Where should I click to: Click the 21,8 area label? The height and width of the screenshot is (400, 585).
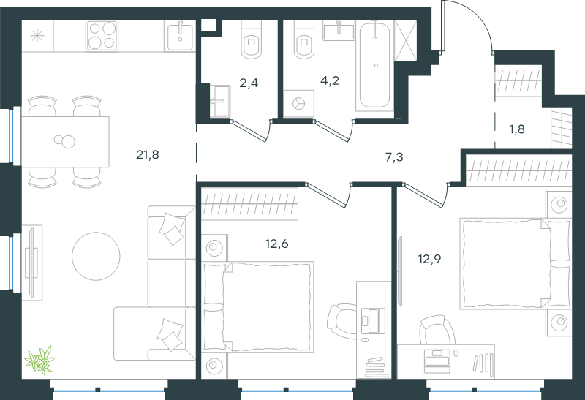[148, 154]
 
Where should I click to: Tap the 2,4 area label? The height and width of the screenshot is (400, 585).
[249, 83]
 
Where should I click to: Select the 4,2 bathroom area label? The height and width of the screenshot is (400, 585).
[330, 80]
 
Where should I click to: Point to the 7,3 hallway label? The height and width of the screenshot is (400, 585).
[394, 157]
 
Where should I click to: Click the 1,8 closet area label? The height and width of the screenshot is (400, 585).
[517, 129]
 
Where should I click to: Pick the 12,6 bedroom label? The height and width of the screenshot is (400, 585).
[277, 244]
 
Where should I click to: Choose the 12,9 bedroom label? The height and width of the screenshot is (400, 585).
[429, 259]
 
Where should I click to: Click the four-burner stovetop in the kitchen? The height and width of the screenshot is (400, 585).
[102, 36]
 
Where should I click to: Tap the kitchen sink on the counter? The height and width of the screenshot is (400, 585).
[180, 35]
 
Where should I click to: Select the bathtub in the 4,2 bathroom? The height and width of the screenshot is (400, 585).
[374, 66]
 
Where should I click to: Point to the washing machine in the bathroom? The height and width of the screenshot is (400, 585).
[298, 104]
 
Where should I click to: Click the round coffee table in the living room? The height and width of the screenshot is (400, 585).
[96, 257]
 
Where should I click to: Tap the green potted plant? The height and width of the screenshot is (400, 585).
[40, 360]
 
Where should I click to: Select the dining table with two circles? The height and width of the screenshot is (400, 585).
[65, 141]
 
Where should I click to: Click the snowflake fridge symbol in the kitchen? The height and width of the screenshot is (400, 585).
[37, 36]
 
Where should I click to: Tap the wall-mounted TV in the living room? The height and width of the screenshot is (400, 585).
[32, 263]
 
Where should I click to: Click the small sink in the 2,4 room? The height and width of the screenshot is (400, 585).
[219, 101]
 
